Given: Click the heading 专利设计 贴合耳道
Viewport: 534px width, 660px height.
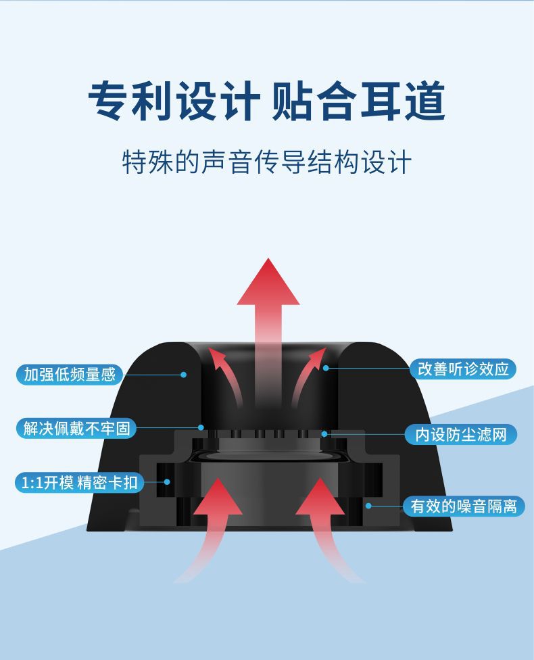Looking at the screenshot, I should (x=266, y=101).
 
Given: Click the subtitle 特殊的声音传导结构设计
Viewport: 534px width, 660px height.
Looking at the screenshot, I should (x=266, y=163).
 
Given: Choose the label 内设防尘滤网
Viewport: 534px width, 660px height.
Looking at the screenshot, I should (x=461, y=434).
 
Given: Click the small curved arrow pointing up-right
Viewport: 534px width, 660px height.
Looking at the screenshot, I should (x=316, y=358).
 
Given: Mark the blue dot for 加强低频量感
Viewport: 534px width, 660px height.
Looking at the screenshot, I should (x=183, y=374).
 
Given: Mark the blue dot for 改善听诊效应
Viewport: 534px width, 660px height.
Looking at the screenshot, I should (x=325, y=368).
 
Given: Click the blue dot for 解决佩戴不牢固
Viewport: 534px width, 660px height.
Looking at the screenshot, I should (x=201, y=427).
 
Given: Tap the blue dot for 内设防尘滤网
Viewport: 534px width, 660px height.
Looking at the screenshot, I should (x=324, y=433).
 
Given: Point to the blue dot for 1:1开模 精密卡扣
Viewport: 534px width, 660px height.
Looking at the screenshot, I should (x=167, y=482).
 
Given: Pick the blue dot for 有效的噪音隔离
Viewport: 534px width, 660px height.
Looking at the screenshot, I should (x=368, y=505).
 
